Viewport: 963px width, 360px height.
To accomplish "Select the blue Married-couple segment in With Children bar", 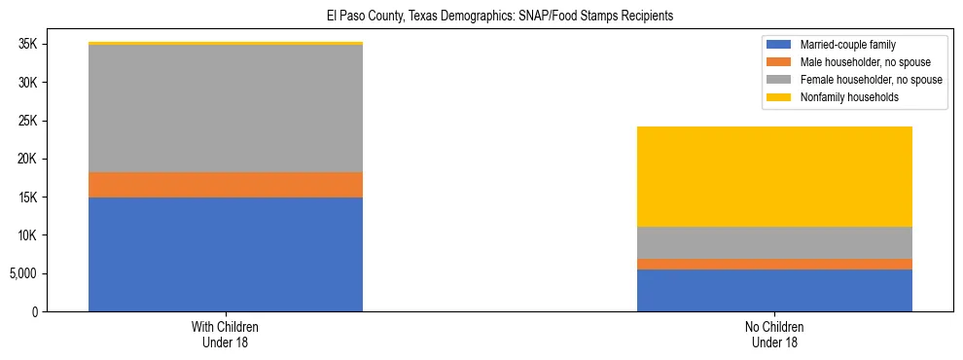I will coord(226,254).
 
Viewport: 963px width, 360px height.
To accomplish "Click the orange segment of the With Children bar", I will coord(226,185).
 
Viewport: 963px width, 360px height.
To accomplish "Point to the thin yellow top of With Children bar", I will coord(226,44).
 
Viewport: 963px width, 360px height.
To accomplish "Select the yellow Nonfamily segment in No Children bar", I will coord(774,176).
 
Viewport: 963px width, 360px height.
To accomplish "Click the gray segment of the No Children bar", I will coord(774,242).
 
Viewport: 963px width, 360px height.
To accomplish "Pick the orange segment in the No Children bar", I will coord(774,264).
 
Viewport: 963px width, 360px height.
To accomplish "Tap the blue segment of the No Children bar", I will coord(774,290).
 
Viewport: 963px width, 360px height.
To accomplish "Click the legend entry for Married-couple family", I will coord(847,45).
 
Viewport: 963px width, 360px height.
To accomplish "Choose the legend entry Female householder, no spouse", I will coord(870,80).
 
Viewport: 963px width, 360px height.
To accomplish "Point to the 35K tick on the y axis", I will coord(26,44).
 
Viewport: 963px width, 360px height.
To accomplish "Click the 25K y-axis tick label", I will coord(26,121).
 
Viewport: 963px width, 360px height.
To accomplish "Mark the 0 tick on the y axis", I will coord(34,311).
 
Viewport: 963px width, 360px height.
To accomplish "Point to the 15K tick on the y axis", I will coord(26,198).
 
